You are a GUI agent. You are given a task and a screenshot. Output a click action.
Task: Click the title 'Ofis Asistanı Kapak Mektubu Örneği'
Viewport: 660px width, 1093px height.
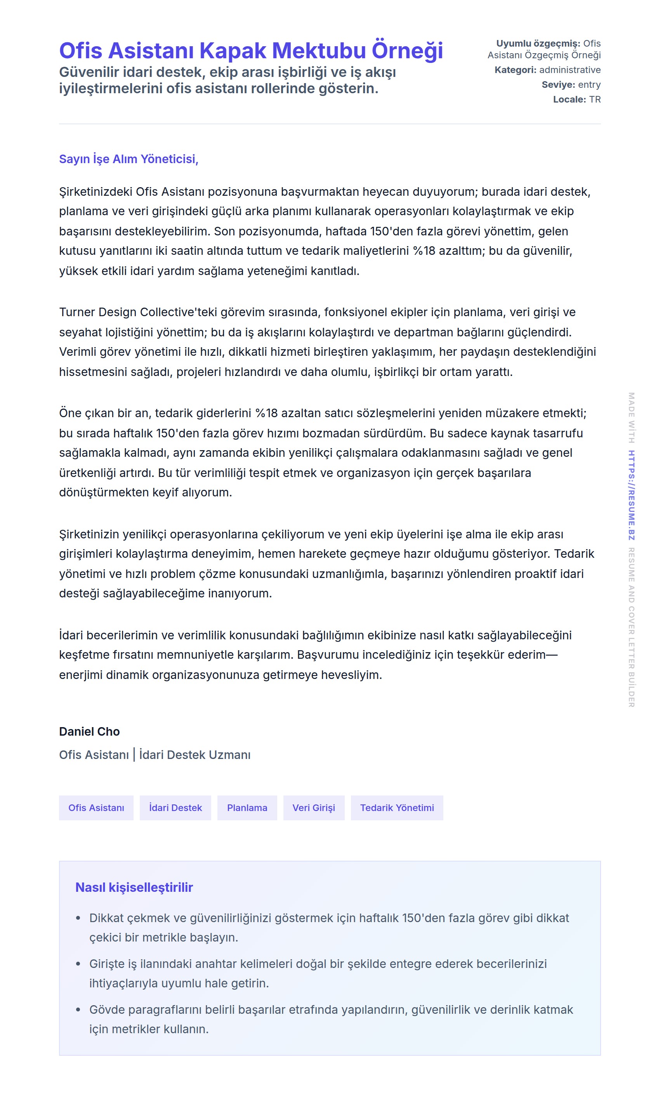pyautogui.click(x=251, y=50)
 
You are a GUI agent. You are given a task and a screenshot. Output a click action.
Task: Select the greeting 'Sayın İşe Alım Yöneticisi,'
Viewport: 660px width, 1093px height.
pyautogui.click(x=129, y=159)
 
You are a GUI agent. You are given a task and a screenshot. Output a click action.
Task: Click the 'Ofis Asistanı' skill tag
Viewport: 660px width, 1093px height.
pyautogui.click(x=96, y=808)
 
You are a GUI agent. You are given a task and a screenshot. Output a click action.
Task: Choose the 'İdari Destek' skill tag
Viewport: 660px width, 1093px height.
pyautogui.click(x=175, y=808)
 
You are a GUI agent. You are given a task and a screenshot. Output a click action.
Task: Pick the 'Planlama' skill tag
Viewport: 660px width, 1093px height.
pyautogui.click(x=247, y=808)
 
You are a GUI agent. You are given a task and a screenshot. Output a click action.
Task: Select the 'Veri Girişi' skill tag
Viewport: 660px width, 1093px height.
pyautogui.click(x=313, y=808)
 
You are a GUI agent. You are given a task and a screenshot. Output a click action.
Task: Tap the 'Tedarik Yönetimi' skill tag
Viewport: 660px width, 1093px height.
pyautogui.click(x=397, y=808)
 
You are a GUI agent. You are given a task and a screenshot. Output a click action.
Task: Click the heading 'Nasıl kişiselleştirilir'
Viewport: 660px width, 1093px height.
pyautogui.click(x=134, y=887)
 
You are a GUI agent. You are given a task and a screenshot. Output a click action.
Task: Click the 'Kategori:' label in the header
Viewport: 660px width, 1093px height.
pyautogui.click(x=515, y=70)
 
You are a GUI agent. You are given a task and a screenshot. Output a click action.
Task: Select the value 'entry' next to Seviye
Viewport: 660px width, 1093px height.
pyautogui.click(x=589, y=85)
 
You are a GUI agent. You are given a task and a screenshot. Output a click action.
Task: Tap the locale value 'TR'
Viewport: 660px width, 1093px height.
pyautogui.click(x=595, y=99)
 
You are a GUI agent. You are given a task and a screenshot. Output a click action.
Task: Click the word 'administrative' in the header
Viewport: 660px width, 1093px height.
pyautogui.click(x=570, y=70)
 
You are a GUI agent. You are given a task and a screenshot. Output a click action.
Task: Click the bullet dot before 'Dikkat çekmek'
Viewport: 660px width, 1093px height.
pyautogui.click(x=78, y=918)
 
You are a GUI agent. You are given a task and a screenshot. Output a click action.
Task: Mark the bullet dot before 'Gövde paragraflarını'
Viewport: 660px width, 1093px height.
pyautogui.click(x=78, y=1010)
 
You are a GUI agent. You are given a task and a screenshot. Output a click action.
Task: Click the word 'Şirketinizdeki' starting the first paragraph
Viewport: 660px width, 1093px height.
pyautogui.click(x=96, y=191)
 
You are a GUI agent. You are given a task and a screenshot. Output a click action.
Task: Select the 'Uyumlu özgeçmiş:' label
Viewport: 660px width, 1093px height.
pyautogui.click(x=538, y=44)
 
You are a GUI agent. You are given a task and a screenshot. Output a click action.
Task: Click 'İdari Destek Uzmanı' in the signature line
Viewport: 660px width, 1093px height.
pyautogui.click(x=195, y=755)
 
